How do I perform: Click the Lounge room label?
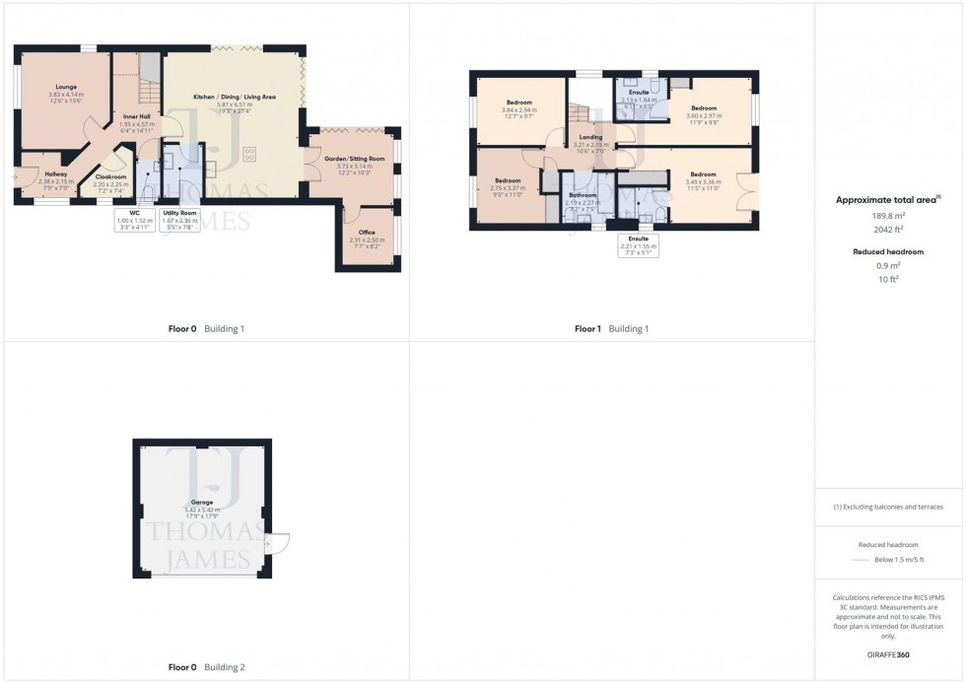pos(67,87)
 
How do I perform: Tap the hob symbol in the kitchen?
pos(248,154)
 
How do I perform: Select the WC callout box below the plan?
pos(135,219)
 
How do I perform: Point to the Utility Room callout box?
pos(179,219)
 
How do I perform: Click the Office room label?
pos(367,233)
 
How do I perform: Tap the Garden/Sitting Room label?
pos(355,159)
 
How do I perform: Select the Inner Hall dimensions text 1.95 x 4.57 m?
pos(137,124)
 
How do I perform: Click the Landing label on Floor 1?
pos(591,137)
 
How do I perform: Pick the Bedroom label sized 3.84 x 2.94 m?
pos(519,102)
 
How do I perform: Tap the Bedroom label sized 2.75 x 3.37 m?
pos(508,181)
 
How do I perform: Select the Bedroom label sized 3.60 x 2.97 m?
pos(703,108)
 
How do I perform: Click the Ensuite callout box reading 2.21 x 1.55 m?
pos(639,245)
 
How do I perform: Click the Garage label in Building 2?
pos(202,503)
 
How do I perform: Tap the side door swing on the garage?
pos(278,541)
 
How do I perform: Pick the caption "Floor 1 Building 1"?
pos(611,329)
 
